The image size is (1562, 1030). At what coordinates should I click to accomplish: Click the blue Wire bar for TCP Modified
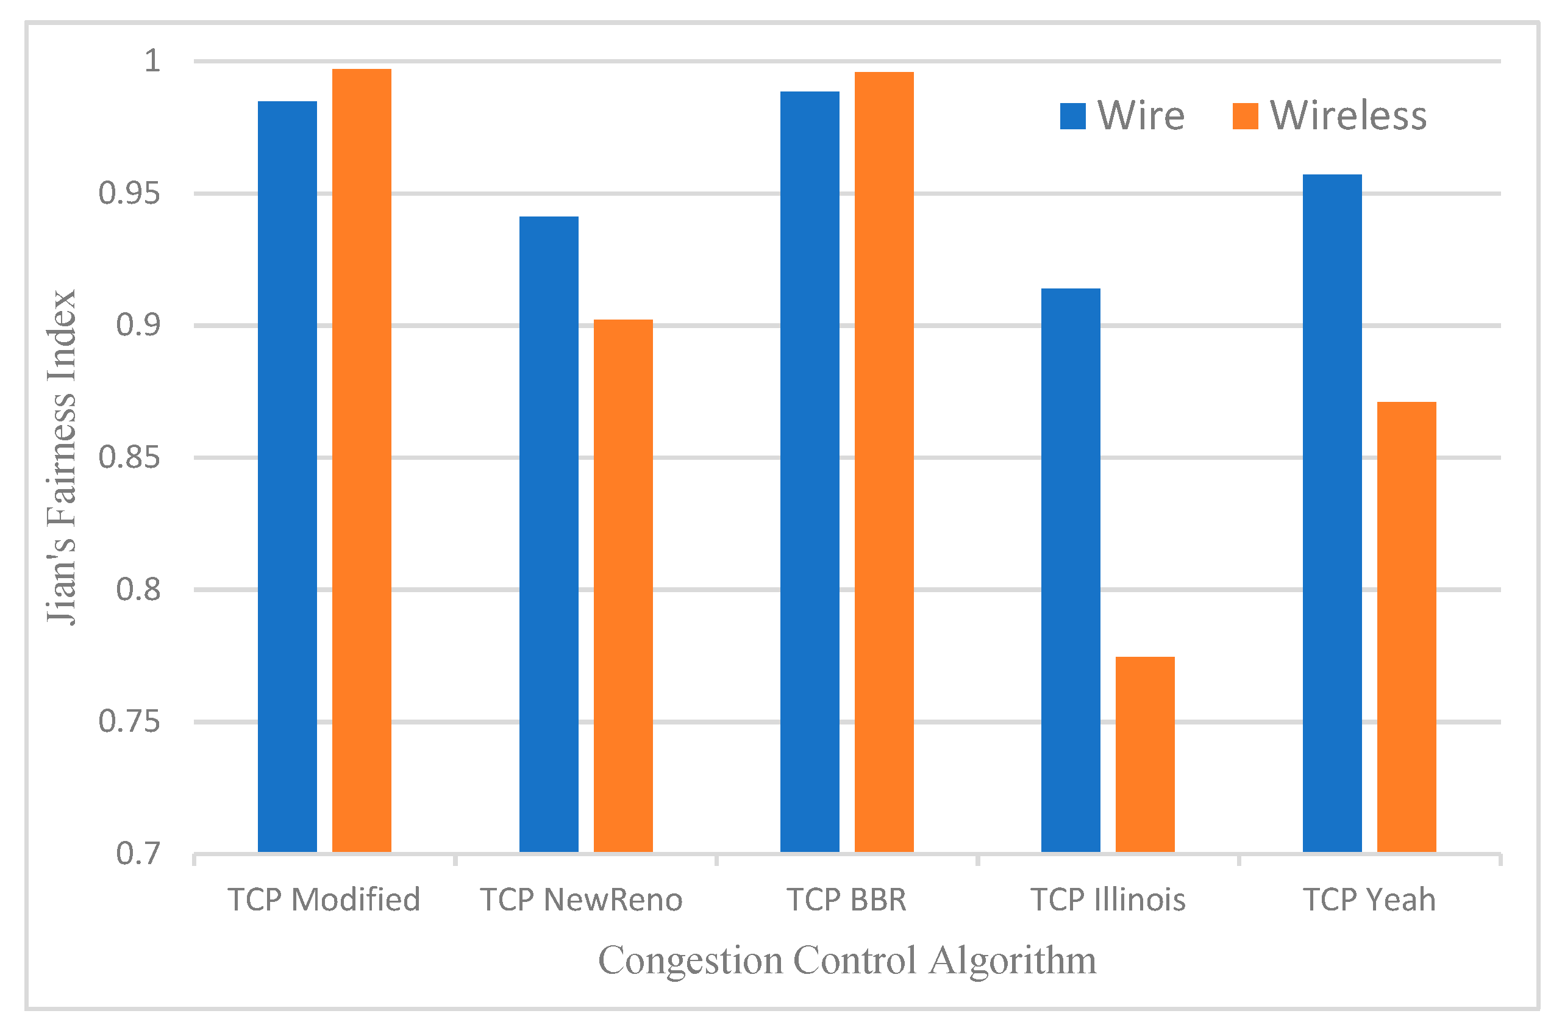[287, 476]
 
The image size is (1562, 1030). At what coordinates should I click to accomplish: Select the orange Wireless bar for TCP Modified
[361, 460]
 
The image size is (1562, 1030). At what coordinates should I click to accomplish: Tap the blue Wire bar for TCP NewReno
[548, 534]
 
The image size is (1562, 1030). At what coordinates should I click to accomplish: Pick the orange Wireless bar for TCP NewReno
[622, 585]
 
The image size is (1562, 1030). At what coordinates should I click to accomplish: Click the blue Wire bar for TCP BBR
[809, 471]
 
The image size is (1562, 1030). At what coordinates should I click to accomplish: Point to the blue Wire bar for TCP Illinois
[1070, 570]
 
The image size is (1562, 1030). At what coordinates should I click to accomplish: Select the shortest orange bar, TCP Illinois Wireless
[1144, 754]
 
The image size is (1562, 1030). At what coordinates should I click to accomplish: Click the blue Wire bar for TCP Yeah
[1332, 512]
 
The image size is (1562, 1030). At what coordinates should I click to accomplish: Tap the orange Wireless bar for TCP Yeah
[1406, 626]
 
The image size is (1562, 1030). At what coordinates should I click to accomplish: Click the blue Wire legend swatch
[1072, 116]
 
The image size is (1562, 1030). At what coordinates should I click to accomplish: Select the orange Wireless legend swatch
[1244, 116]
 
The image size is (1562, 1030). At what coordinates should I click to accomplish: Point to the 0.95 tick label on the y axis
[129, 194]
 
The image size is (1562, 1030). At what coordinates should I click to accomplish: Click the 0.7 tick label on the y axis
[138, 853]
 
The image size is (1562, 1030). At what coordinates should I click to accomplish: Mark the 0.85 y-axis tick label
[129, 457]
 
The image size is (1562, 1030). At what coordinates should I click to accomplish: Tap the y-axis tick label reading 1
[152, 61]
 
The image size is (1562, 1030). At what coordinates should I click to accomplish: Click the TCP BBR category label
[846, 899]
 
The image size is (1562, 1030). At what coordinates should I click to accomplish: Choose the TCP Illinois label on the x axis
[1108, 899]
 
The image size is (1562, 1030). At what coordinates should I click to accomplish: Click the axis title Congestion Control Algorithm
[847, 960]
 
